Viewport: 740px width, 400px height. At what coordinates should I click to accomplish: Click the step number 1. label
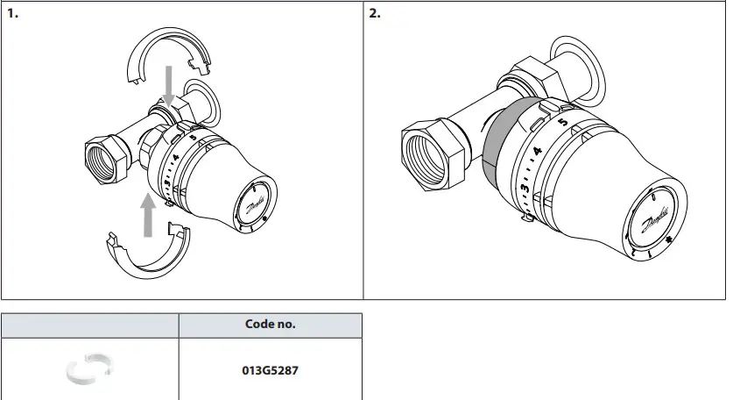pyautogui.click(x=13, y=14)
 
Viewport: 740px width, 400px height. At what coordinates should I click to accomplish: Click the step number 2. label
pyautogui.click(x=375, y=14)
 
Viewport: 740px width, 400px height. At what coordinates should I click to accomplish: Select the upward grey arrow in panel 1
pyautogui.click(x=148, y=215)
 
